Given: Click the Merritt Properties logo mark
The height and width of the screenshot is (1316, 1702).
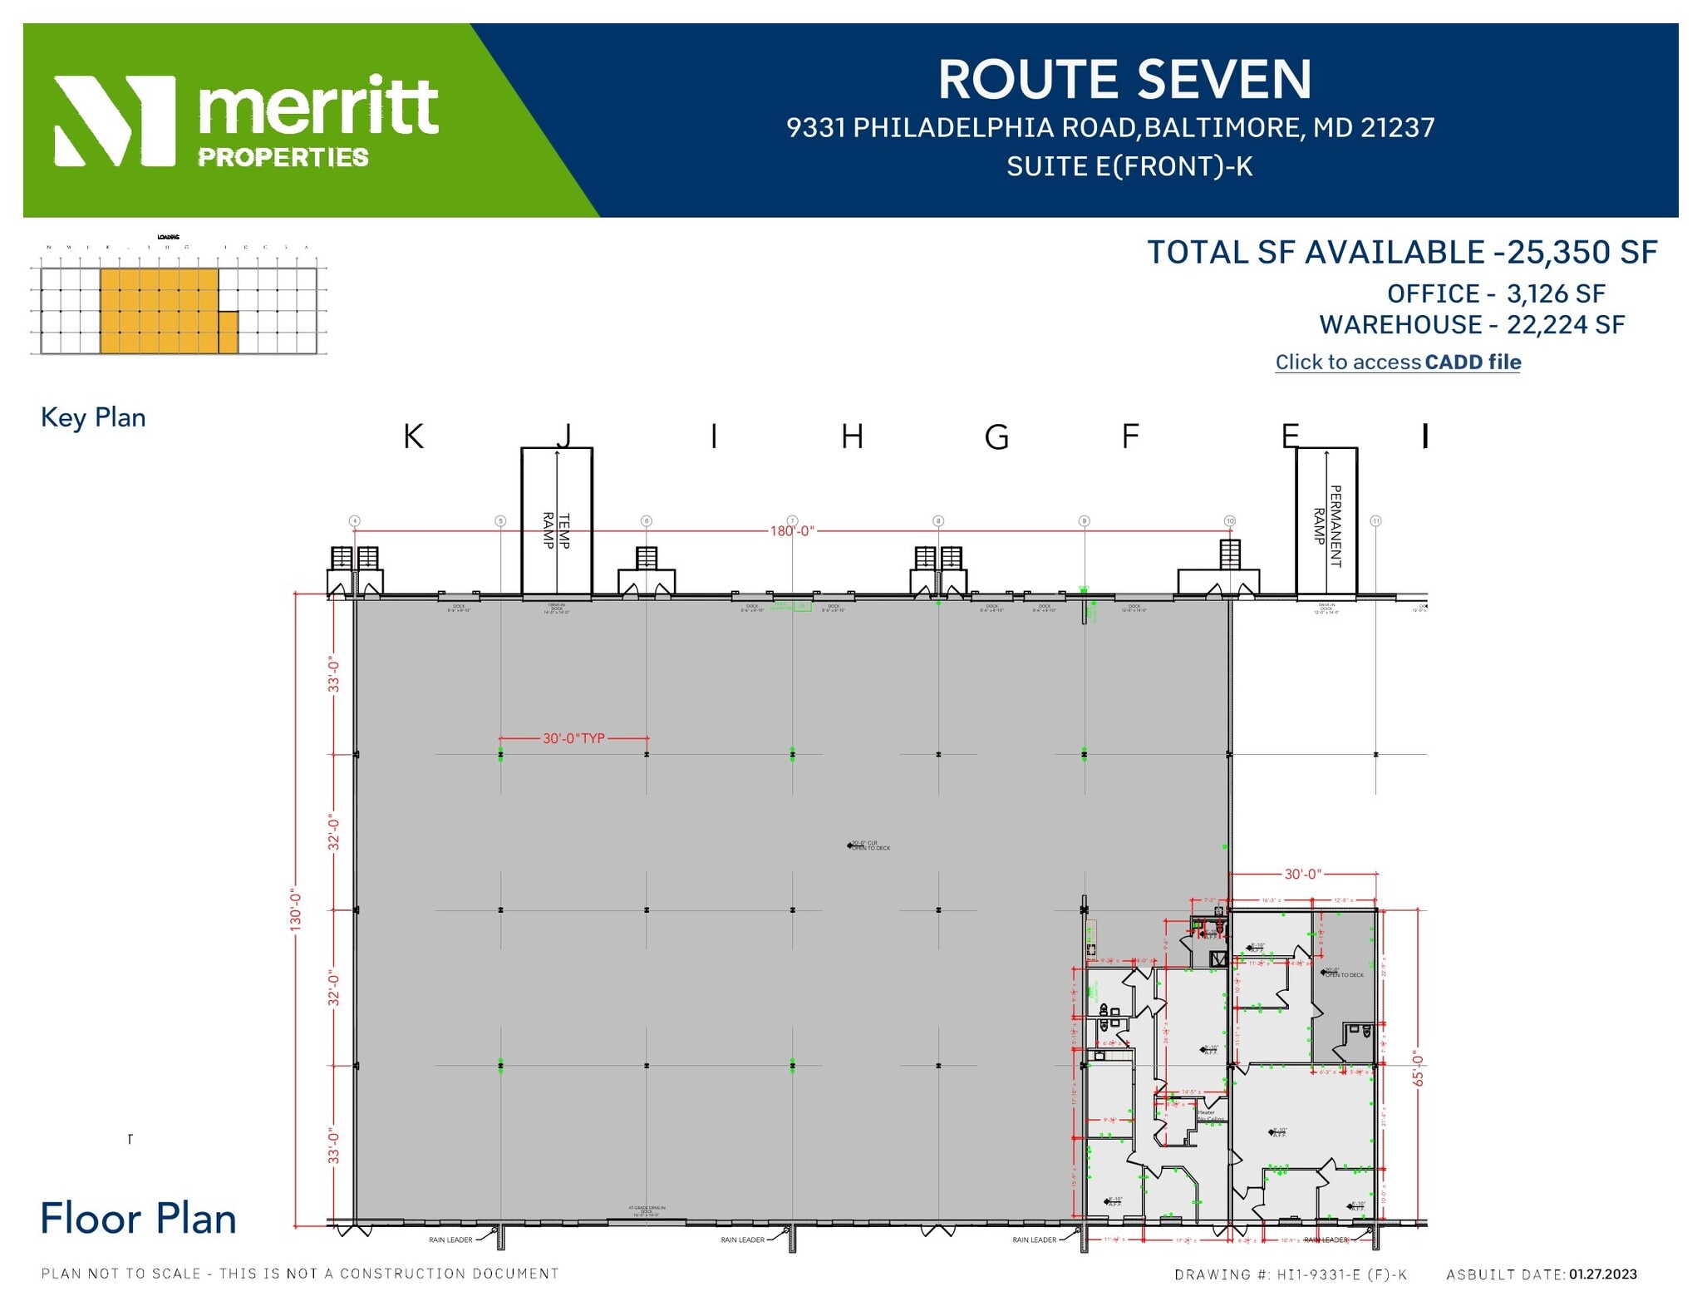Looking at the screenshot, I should tap(115, 121).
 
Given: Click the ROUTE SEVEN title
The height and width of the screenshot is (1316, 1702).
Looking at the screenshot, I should tap(1124, 80).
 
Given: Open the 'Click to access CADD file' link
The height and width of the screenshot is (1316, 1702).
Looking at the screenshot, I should tap(1398, 362).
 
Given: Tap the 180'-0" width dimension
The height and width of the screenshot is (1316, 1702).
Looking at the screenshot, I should tap(791, 530).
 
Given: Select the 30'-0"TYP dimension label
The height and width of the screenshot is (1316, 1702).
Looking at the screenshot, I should tap(573, 738).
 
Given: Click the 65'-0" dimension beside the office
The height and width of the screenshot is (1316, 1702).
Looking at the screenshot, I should tap(1418, 1070).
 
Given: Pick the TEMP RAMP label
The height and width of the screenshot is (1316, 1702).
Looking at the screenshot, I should tap(556, 530).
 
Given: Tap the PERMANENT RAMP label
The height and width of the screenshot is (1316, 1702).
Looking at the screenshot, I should tap(1326, 525).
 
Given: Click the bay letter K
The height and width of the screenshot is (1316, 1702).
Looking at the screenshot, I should tap(413, 436).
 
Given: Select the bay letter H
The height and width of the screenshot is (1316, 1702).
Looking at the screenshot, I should tap(852, 436).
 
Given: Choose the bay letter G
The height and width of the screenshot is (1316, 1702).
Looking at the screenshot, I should tap(996, 436).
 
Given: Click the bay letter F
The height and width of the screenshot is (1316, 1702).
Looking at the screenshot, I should tap(1130, 436).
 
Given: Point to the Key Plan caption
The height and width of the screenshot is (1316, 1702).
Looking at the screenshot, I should tap(93, 417).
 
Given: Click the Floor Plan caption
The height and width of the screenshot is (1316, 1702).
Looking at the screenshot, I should tap(138, 1219).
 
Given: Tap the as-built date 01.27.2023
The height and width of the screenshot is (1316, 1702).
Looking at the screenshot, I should tap(1602, 1274).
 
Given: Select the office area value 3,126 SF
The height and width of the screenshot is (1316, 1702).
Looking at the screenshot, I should tap(1556, 294).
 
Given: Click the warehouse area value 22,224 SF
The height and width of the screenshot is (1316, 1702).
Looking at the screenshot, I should tap(1566, 325).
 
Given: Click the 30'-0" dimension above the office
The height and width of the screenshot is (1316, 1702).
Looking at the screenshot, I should tap(1302, 875).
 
